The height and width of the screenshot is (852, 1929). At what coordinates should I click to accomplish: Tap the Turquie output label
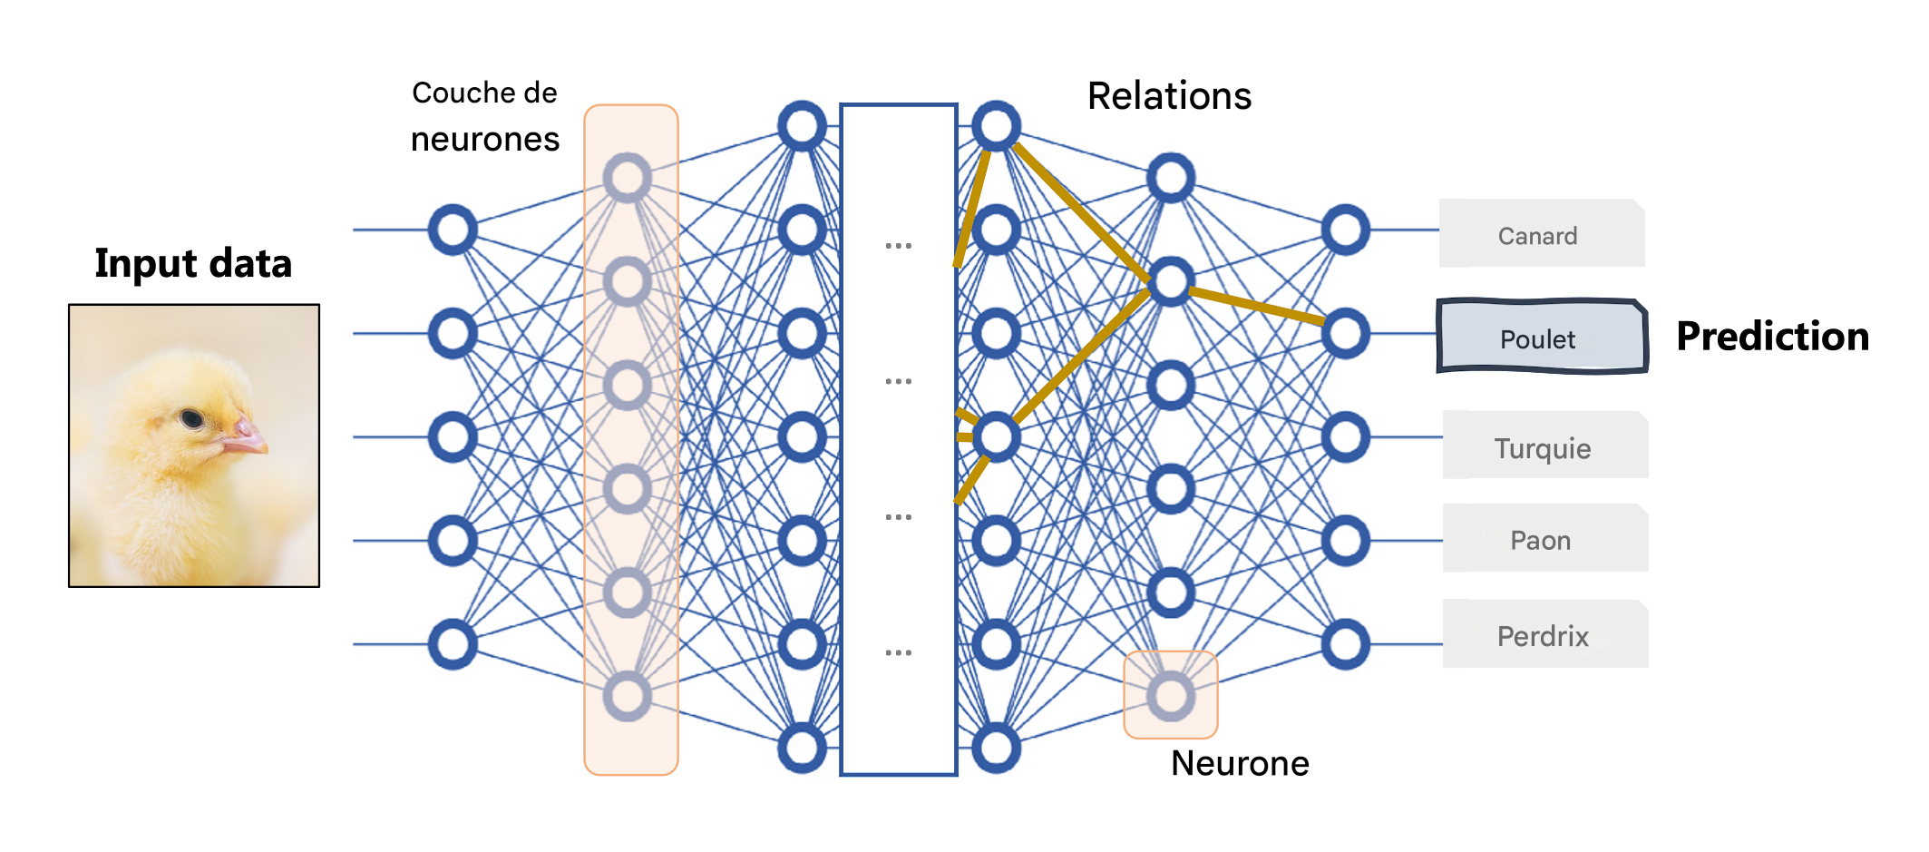(1544, 447)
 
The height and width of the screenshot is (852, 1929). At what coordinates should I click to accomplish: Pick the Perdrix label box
(1544, 635)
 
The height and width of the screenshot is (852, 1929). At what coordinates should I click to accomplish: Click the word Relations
(1169, 95)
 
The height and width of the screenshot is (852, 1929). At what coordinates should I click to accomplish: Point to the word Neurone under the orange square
(1240, 763)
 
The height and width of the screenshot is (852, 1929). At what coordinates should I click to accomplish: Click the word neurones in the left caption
(484, 139)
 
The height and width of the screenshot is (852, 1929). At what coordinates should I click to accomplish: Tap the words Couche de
(484, 93)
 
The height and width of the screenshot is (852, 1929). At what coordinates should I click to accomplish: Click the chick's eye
(191, 418)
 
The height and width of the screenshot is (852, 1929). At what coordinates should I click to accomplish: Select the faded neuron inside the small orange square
(1171, 696)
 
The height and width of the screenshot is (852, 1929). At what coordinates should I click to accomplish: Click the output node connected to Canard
(1345, 230)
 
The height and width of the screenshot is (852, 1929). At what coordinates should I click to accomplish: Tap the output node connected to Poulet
(1345, 333)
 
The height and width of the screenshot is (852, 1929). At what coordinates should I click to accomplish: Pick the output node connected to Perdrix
(1345, 644)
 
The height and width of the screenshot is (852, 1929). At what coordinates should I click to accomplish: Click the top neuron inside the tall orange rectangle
(628, 177)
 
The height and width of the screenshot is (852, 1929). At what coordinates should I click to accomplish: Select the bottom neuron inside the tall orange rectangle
(628, 696)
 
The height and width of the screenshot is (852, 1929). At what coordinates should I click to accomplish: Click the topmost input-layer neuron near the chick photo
(453, 230)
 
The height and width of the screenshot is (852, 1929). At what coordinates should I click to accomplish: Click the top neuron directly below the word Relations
(1171, 177)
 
